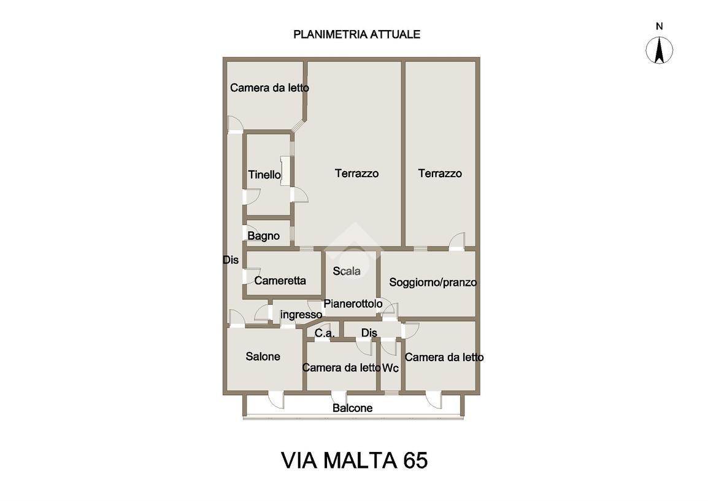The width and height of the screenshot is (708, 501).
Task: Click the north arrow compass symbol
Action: pyautogui.click(x=660, y=50)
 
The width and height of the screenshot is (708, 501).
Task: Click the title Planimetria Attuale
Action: pyautogui.click(x=356, y=34)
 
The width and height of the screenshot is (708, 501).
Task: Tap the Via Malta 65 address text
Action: pyautogui.click(x=354, y=460)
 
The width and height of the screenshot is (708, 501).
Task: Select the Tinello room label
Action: pyautogui.click(x=264, y=175)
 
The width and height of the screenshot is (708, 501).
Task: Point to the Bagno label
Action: pyautogui.click(x=263, y=236)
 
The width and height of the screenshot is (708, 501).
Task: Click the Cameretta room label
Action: pyautogui.click(x=280, y=281)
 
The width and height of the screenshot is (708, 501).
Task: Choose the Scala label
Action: pyautogui.click(x=347, y=271)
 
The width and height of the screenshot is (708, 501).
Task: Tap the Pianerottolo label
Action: pyautogui.click(x=353, y=304)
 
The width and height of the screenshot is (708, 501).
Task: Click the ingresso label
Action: pyautogui.click(x=301, y=315)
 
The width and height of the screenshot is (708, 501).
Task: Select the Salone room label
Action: pyautogui.click(x=263, y=356)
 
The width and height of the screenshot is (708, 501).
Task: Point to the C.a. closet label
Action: pyautogui.click(x=325, y=333)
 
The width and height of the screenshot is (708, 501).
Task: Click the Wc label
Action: pyautogui.click(x=391, y=368)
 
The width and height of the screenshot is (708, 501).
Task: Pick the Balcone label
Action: pyautogui.click(x=352, y=408)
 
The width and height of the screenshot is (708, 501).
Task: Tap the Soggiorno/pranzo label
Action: pyautogui.click(x=433, y=283)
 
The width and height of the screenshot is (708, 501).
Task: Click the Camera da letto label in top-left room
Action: pyautogui.click(x=269, y=88)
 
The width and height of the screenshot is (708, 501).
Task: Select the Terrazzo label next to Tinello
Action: pyautogui.click(x=356, y=174)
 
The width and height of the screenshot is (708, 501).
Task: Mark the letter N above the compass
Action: pyautogui.click(x=660, y=26)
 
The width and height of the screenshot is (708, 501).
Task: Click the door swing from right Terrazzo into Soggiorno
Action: pyautogui.click(x=456, y=242)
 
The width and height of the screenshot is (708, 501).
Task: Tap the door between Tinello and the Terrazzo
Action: pyautogui.click(x=299, y=195)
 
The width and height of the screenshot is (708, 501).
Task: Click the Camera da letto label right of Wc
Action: pyautogui.click(x=444, y=357)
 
